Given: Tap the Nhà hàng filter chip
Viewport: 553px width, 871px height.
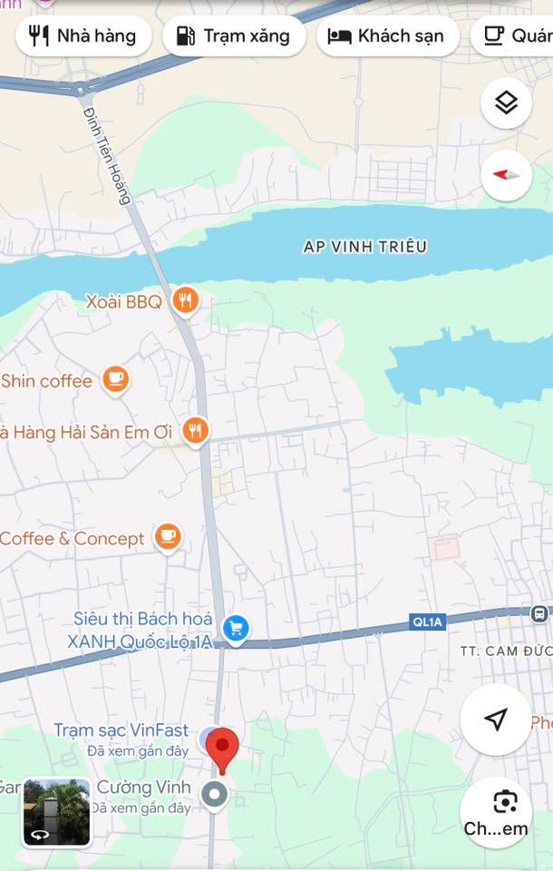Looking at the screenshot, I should [82, 36].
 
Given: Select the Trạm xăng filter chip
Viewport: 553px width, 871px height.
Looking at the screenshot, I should [234, 36].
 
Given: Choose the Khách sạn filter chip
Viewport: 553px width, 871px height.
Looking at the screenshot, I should [387, 36].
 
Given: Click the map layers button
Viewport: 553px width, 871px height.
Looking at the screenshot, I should [506, 103].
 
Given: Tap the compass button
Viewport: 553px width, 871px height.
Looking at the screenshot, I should [506, 174].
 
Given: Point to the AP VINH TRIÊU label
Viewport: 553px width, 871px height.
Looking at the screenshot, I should [365, 246].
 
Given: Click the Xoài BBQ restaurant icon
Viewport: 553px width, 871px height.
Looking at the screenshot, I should [185, 300].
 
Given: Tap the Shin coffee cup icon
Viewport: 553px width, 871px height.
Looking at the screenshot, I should [115, 380].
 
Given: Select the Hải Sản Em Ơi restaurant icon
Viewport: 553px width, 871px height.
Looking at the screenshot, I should [195, 431].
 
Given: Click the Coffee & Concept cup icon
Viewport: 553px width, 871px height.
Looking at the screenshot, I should [168, 537].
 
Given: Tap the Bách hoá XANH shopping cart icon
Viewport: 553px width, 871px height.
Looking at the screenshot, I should [236, 628].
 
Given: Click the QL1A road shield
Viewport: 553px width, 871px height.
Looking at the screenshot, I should [428, 621].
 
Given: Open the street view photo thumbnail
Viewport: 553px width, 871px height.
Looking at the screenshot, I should [56, 812].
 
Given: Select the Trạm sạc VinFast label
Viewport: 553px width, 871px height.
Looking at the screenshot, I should [121, 730].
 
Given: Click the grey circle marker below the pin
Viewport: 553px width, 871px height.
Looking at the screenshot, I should [215, 796].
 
